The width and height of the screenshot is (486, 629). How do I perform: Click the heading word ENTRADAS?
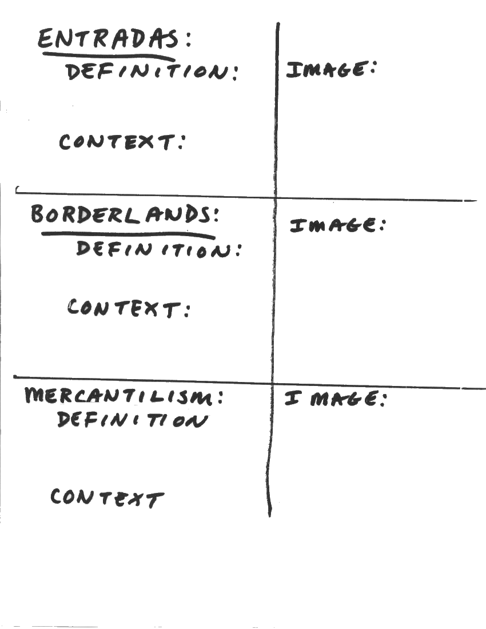(x=109, y=40)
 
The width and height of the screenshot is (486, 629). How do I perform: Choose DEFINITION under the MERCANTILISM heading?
(x=132, y=421)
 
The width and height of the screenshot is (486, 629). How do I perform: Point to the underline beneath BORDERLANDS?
(x=129, y=234)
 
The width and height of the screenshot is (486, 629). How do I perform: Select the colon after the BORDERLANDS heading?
(x=216, y=216)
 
